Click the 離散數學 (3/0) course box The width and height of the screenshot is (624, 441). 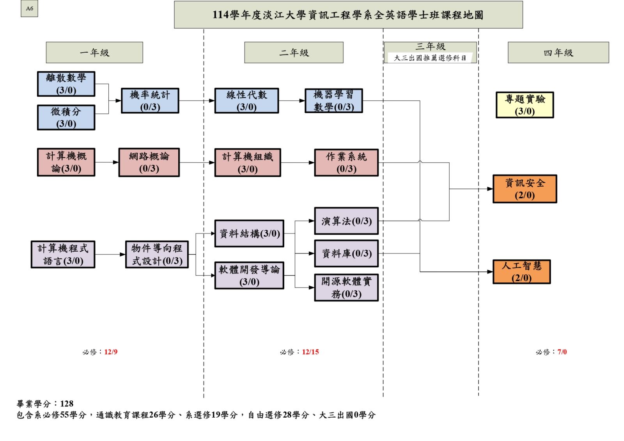66,84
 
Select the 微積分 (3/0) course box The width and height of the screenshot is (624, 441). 66,117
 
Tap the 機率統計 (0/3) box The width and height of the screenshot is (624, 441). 150,101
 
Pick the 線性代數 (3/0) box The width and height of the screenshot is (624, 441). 246,101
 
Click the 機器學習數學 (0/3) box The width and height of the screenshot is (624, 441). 334,101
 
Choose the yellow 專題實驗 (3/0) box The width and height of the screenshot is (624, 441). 525,105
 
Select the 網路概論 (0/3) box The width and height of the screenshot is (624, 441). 149,162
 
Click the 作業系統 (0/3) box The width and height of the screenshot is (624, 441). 346,163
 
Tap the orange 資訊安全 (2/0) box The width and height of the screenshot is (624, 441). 525,189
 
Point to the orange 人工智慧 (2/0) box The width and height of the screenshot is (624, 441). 522,272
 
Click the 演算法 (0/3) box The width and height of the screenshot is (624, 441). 346,221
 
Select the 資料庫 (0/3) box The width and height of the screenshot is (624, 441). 346,254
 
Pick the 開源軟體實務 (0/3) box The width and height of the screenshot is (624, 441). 346,288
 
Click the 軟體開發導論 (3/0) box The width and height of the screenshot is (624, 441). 249,275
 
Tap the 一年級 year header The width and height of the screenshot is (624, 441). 94,53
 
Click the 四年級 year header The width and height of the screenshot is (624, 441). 558,53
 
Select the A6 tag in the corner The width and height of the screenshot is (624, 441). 30,9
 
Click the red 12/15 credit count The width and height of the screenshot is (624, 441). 310,352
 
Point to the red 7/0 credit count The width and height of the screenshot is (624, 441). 562,352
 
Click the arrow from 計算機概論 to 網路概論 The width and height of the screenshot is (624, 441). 107,162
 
